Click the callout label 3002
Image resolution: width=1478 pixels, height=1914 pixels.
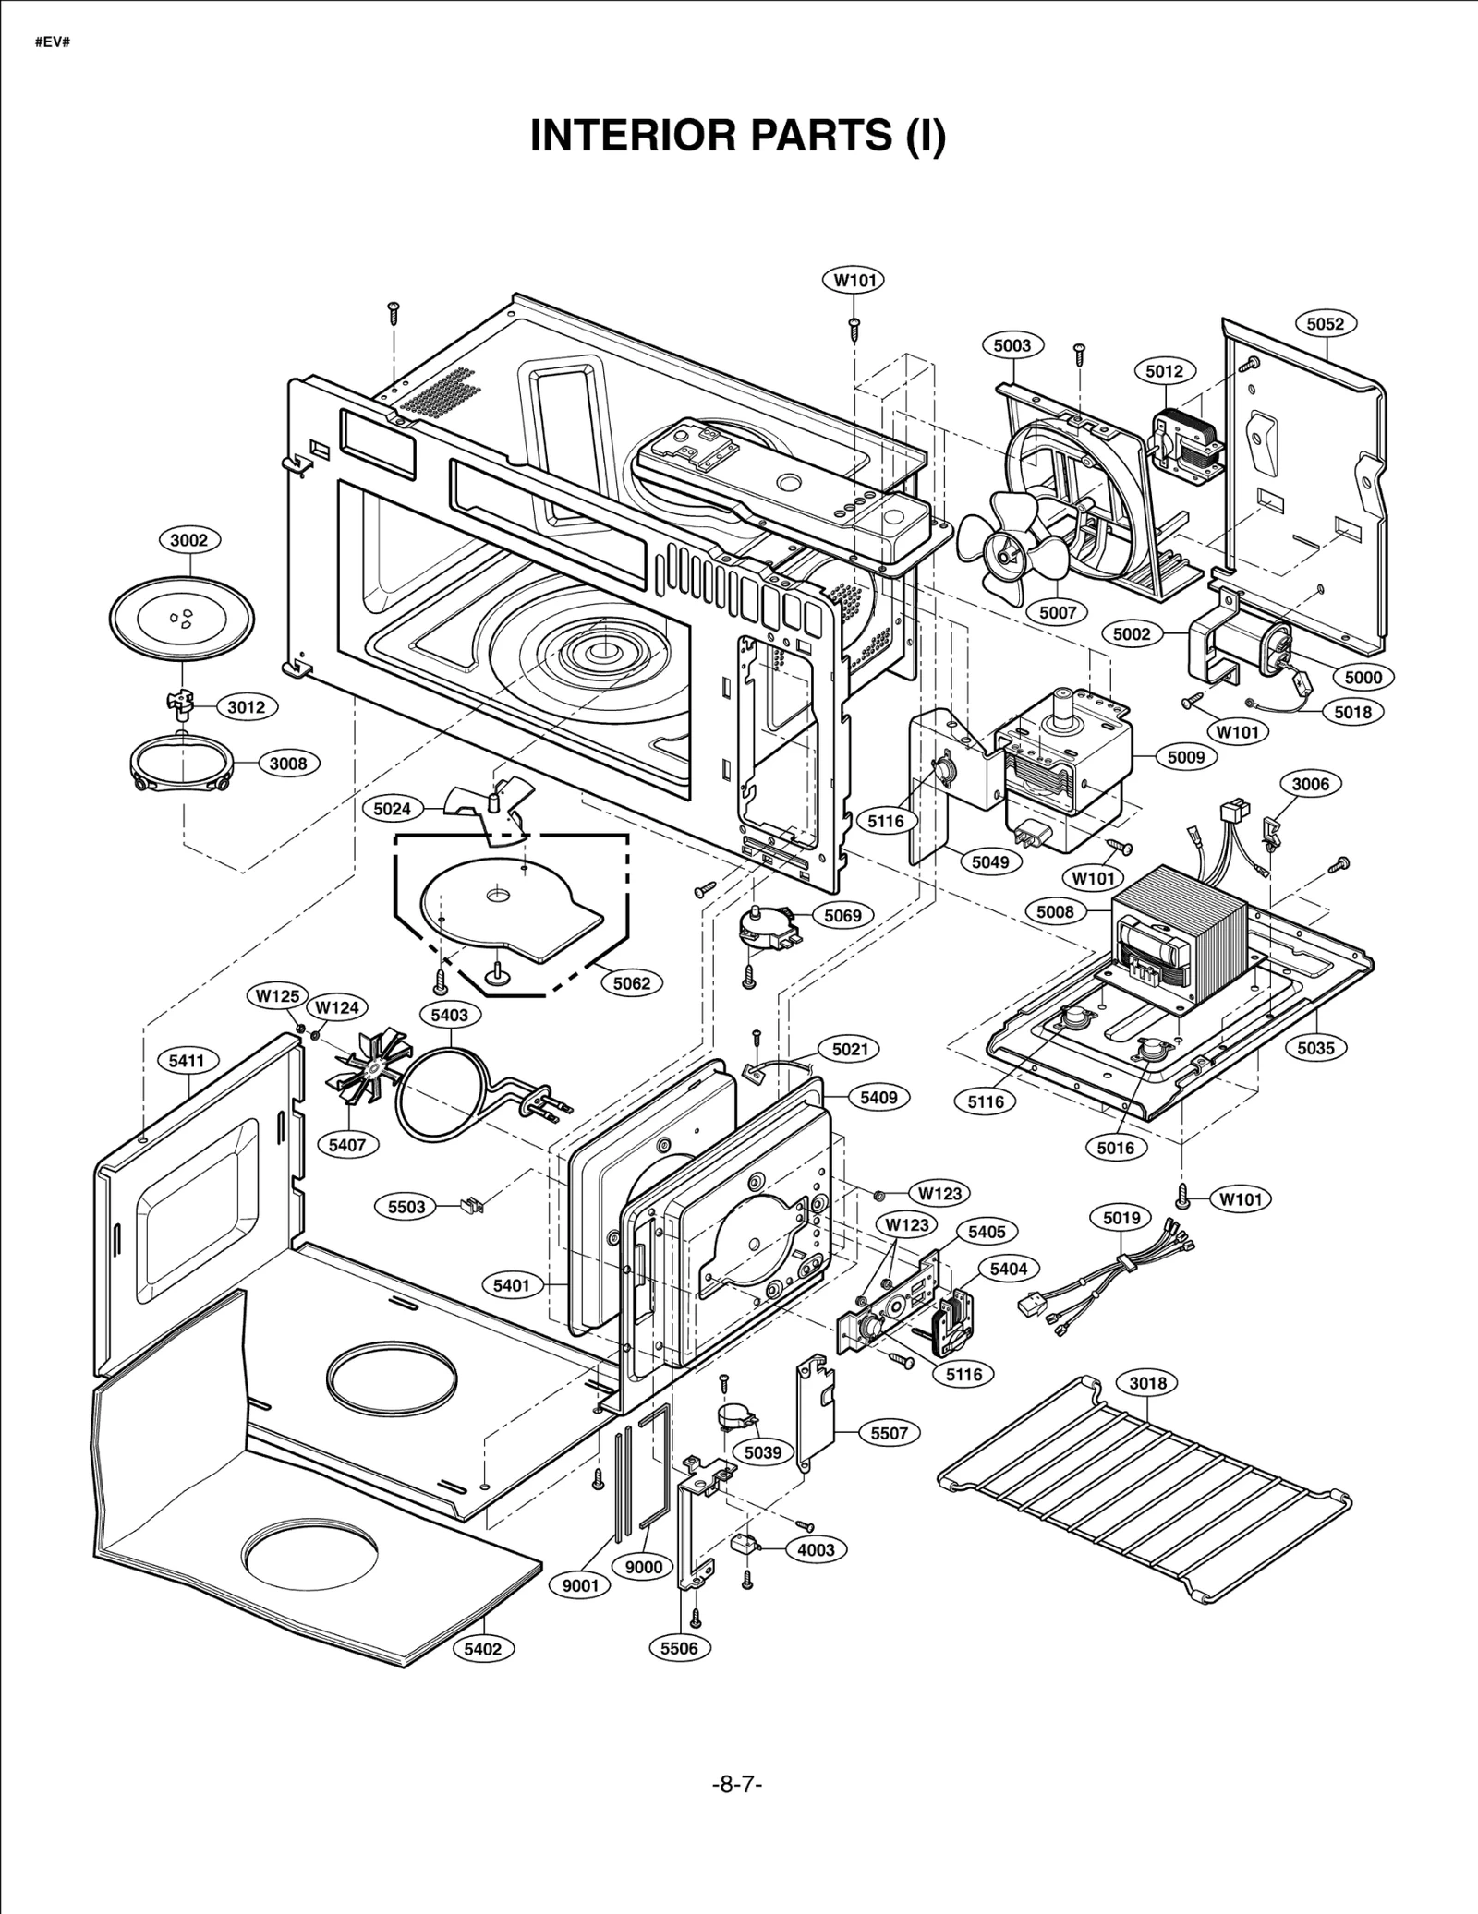pos(188,540)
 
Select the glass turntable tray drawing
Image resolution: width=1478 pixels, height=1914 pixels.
pos(182,618)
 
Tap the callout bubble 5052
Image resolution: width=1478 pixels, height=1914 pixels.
pos(1326,324)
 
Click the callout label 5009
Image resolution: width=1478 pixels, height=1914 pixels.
pos(1186,757)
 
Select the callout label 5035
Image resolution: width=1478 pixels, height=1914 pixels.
pos(1315,1048)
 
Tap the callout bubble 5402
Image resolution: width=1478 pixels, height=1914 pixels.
pos(483,1648)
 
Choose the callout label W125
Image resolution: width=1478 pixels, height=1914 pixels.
pos(278,996)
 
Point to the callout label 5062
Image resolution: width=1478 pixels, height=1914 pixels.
pos(632,983)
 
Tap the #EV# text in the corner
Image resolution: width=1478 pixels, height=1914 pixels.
pos(53,43)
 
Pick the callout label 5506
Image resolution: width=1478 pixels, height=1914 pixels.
pos(679,1647)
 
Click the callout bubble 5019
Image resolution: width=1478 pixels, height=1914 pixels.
pos(1121,1218)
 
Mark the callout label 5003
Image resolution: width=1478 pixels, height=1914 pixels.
pos(1012,345)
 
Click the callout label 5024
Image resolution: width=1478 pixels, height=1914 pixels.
pos(392,810)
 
